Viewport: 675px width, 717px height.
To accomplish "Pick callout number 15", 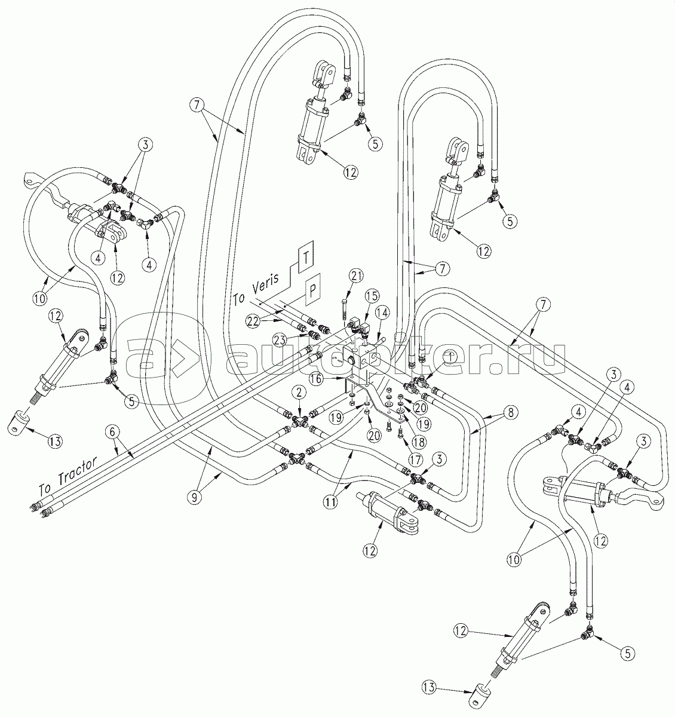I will (372, 295).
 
